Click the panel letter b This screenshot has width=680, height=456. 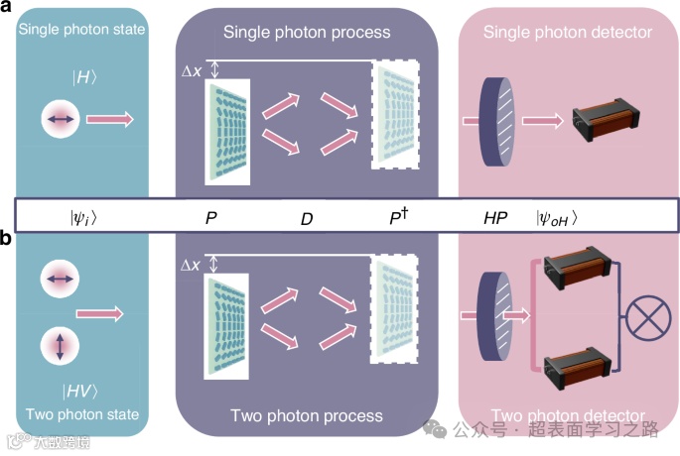(x=7, y=239)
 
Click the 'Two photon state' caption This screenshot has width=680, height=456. (x=82, y=414)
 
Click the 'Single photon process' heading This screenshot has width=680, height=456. (x=307, y=33)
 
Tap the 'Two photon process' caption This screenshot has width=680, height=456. (x=307, y=415)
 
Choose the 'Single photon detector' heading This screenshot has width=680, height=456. (x=567, y=33)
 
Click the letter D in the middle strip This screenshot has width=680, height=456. (x=307, y=217)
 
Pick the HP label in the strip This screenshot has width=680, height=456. (x=495, y=216)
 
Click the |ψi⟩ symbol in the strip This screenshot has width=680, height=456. (x=83, y=216)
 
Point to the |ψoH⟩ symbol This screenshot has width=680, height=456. (x=557, y=217)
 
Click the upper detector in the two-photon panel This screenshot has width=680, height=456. (x=572, y=273)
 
